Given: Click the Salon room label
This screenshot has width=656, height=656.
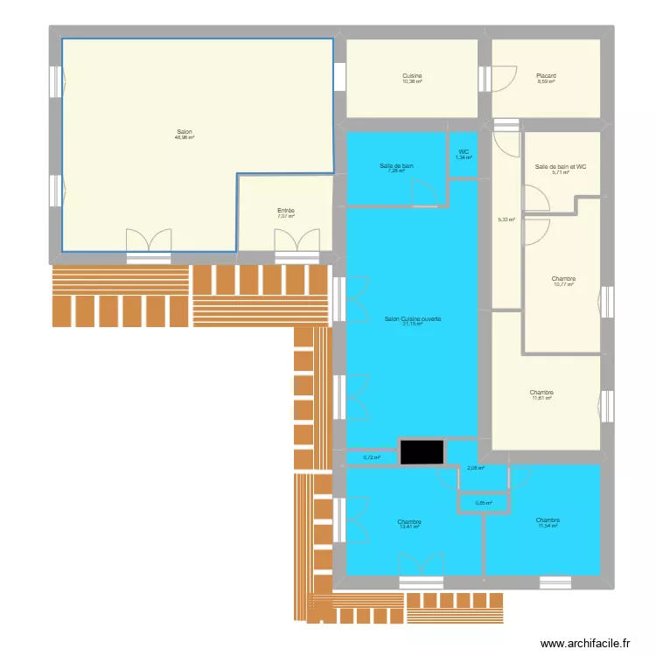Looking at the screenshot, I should [x=184, y=132].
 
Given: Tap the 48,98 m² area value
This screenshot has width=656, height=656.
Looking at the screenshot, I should [x=184, y=137].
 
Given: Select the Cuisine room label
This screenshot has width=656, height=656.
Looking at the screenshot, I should [x=412, y=76].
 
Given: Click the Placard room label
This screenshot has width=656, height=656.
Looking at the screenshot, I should [x=546, y=76].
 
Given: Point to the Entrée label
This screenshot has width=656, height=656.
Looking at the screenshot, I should [x=286, y=211].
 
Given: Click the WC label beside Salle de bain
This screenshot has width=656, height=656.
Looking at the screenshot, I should [x=464, y=152].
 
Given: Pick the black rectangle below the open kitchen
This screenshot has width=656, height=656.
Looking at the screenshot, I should [x=423, y=451].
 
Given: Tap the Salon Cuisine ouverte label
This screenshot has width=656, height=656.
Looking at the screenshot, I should [x=413, y=319].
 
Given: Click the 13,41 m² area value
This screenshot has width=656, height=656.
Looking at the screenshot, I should [x=409, y=527].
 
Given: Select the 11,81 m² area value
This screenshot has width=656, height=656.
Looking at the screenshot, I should [x=541, y=398].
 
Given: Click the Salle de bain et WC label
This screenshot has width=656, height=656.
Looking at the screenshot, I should [x=561, y=166].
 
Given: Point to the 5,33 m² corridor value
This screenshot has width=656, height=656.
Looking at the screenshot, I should [x=506, y=220].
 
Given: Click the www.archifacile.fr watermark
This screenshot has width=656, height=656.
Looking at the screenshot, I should [x=585, y=643].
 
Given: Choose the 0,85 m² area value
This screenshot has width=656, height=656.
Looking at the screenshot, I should [x=484, y=503].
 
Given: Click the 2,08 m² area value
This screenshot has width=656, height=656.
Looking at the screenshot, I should [x=476, y=468].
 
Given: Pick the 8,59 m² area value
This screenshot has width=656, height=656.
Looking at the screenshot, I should [x=546, y=81].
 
